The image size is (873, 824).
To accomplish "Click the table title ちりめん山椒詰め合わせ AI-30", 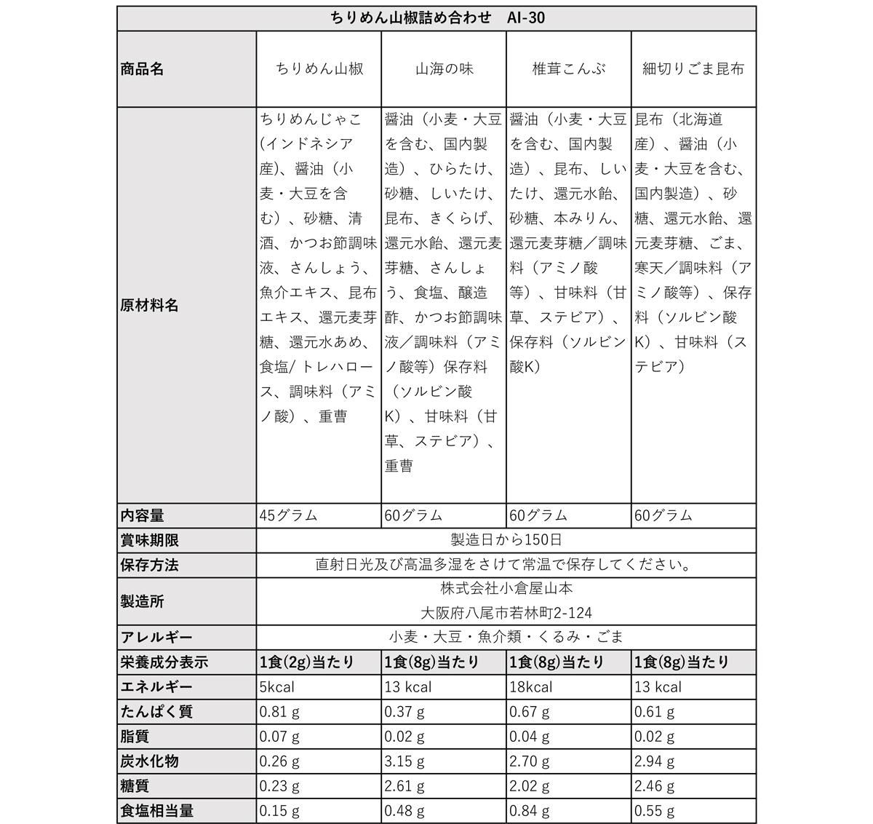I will click(x=436, y=18).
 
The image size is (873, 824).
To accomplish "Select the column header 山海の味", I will click(x=444, y=69).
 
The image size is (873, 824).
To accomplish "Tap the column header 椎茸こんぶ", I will click(x=568, y=69).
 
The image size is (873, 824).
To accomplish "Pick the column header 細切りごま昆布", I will click(x=693, y=69).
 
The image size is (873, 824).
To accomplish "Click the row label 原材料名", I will click(x=149, y=305).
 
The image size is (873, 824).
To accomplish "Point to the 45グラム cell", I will click(x=289, y=515).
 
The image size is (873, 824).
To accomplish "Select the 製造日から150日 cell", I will click(x=506, y=540).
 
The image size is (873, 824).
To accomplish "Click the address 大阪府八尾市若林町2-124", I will click(x=506, y=614).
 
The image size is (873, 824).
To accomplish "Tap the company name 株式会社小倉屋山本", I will click(x=506, y=589).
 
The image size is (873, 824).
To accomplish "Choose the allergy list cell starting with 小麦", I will click(x=506, y=638).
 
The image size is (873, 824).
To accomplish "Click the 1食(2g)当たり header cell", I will click(x=307, y=662).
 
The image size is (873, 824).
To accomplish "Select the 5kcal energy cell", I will click(x=277, y=687).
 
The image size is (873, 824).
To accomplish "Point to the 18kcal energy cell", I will click(x=531, y=687).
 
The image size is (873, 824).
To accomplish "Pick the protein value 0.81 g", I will click(x=279, y=712).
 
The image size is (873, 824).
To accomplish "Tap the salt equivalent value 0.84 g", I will click(x=530, y=811).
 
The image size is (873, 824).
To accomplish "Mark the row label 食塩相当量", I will click(x=156, y=811).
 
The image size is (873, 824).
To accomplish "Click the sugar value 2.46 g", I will click(x=655, y=786).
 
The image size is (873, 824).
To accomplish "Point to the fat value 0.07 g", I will click(x=279, y=737).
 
